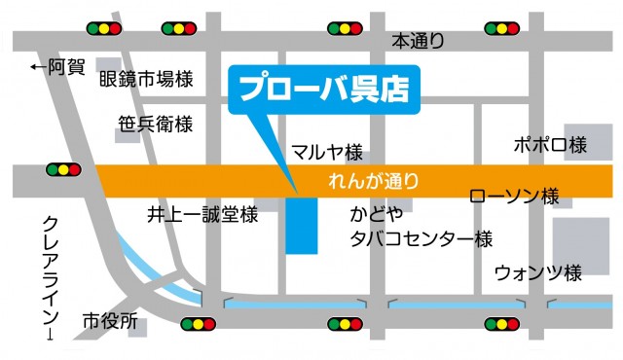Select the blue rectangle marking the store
(x=302, y=226)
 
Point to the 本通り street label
(x=418, y=42)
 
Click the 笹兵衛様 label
(x=157, y=125)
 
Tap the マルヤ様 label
(x=327, y=152)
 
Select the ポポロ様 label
(x=550, y=145)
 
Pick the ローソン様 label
(x=513, y=196)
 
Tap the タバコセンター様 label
(x=421, y=238)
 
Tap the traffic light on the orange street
(x=63, y=169)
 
